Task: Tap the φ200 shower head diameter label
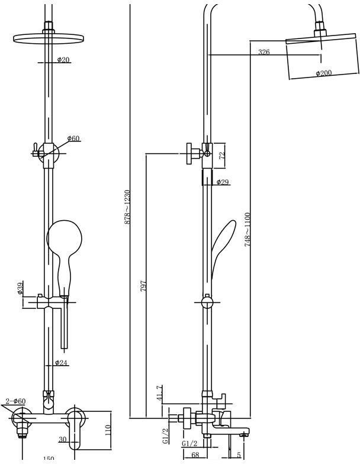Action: tap(323, 73)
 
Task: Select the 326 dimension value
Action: tap(264, 53)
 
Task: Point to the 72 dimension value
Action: tap(222, 155)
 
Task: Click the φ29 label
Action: tap(223, 182)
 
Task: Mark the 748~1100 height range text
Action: tap(247, 229)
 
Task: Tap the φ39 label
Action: tap(20, 289)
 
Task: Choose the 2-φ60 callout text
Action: tap(15, 402)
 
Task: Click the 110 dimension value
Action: tap(107, 429)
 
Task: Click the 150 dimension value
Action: tap(49, 459)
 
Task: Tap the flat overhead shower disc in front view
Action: tap(46, 39)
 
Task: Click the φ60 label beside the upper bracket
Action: tap(73, 138)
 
